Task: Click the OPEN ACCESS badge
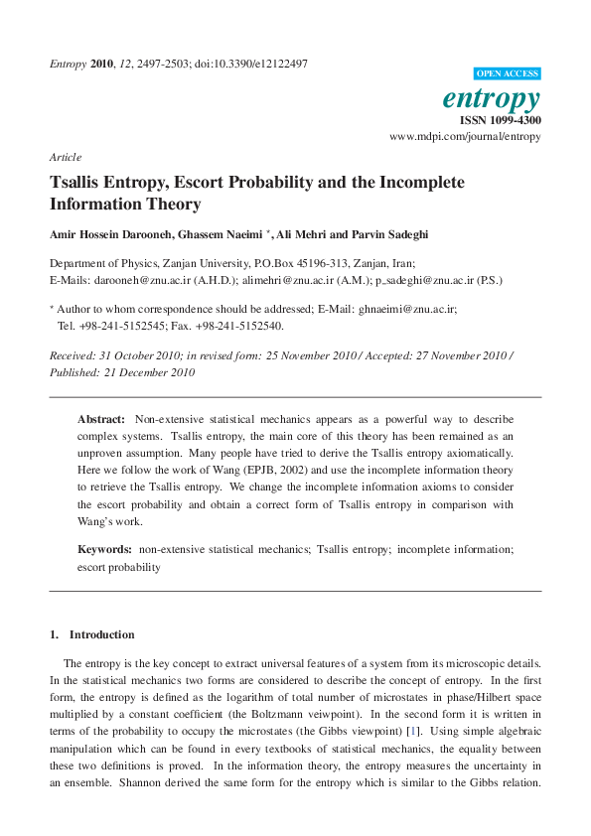tap(508, 73)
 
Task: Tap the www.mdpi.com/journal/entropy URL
tap(466, 135)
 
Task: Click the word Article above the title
tap(65, 157)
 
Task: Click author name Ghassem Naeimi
tap(225, 235)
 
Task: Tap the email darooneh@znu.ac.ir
tap(137, 281)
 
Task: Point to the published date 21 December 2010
tap(147, 372)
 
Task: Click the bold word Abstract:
tap(101, 420)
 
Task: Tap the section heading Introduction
tap(102, 634)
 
